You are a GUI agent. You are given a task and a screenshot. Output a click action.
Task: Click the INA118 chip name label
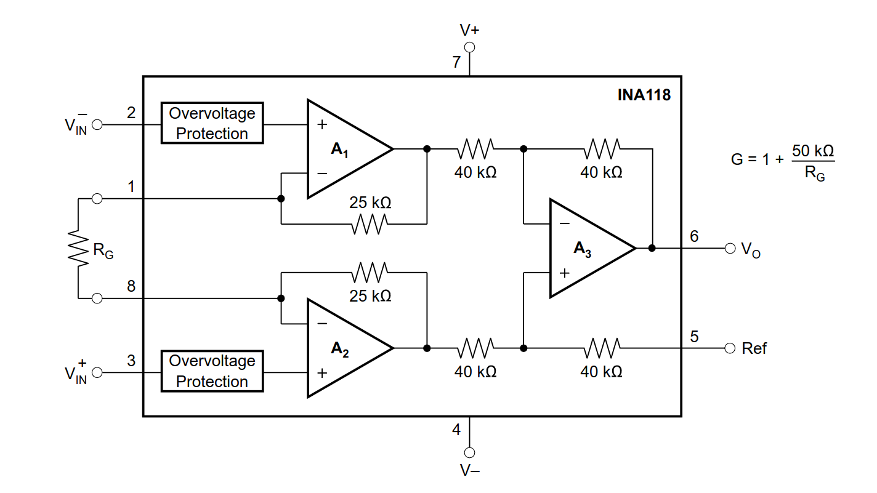[644, 95]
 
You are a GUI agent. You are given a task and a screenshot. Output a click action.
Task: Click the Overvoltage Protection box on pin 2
[212, 123]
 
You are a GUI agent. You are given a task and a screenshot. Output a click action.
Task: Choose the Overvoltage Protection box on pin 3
[212, 371]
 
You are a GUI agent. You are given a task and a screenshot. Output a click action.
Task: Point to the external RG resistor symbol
[78, 249]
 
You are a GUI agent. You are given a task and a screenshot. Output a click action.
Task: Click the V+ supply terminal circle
[469, 47]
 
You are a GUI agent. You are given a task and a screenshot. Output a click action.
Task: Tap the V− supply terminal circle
[469, 452]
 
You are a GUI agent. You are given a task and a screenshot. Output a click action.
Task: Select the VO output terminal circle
[730, 248]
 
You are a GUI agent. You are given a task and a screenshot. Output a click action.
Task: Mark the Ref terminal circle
[730, 348]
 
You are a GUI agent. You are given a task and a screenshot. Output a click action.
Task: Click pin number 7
[456, 62]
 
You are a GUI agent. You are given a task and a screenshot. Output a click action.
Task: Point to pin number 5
[694, 337]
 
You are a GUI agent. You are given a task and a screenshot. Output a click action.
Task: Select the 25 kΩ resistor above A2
[370, 272]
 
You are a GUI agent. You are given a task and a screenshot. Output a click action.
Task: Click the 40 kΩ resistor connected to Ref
[602, 348]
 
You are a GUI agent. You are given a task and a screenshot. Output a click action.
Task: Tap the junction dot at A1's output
[427, 149]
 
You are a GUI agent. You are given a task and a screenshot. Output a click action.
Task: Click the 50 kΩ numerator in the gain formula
[813, 151]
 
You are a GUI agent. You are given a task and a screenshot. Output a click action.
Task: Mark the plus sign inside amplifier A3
[564, 273]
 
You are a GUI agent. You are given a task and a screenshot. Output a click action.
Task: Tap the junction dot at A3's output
[652, 248]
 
